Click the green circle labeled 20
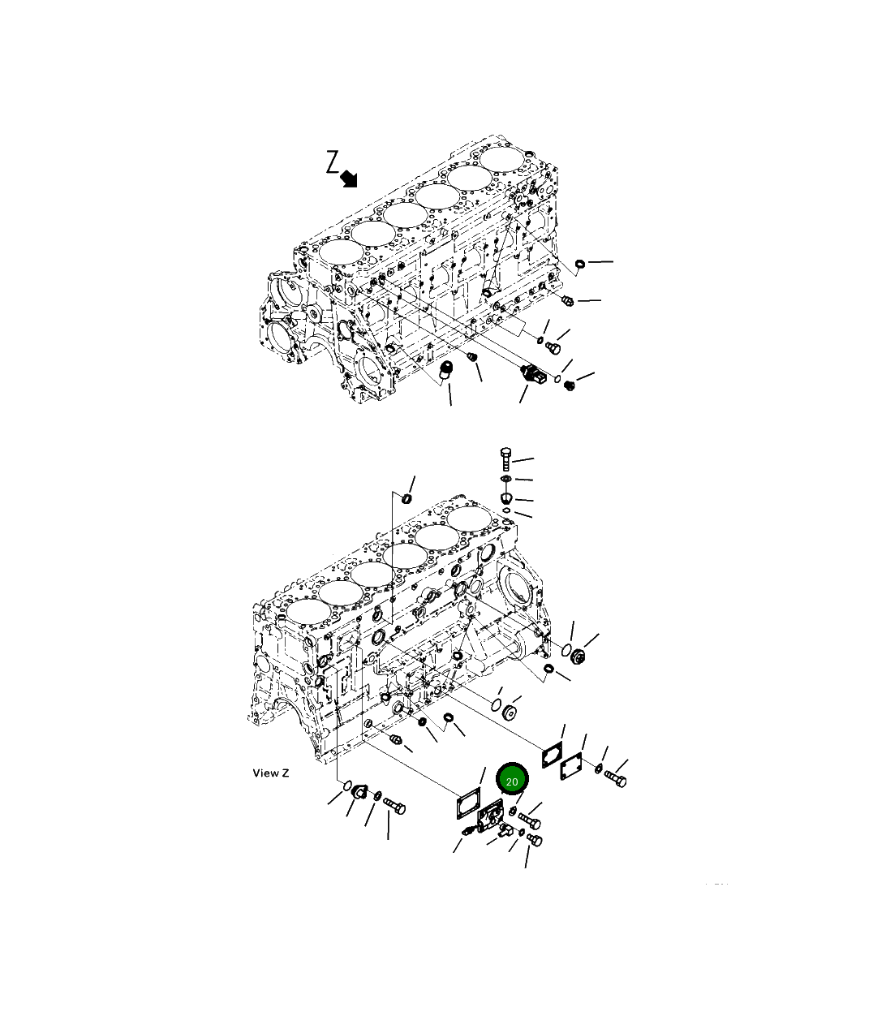[x=512, y=781]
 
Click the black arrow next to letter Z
[x=349, y=178]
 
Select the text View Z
[x=270, y=773]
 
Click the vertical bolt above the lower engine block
[x=506, y=459]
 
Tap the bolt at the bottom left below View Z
[x=394, y=807]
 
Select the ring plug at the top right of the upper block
[x=580, y=264]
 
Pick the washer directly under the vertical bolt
[x=506, y=480]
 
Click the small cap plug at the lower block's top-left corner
[x=407, y=497]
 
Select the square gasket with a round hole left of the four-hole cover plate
[x=552, y=752]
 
